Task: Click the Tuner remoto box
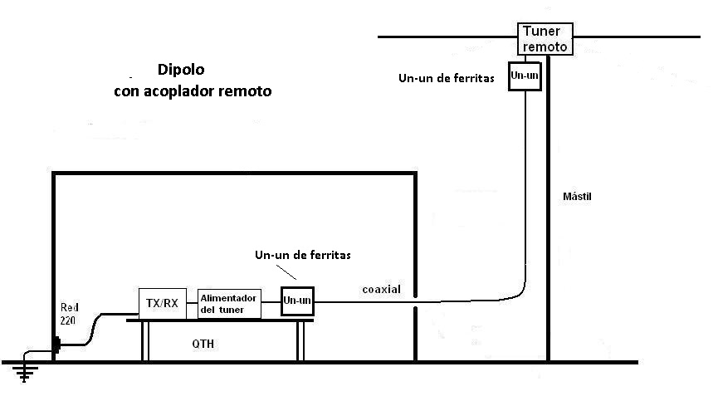click(x=545, y=39)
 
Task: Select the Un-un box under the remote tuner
click(x=525, y=76)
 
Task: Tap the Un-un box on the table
click(x=297, y=301)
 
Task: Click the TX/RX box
click(x=163, y=304)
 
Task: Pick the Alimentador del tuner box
click(x=229, y=304)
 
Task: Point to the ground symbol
click(x=24, y=372)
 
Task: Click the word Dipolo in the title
click(x=181, y=70)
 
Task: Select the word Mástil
click(x=577, y=197)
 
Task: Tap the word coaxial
click(x=382, y=290)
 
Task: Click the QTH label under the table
click(x=203, y=344)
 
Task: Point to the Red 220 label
click(x=69, y=314)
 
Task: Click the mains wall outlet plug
click(x=56, y=345)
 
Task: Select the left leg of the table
click(x=145, y=341)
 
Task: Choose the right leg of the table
click(x=300, y=341)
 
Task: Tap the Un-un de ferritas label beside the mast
click(x=447, y=78)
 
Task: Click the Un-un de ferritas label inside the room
click(x=303, y=255)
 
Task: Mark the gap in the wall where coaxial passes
click(x=415, y=302)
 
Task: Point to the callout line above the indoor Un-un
click(x=286, y=272)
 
